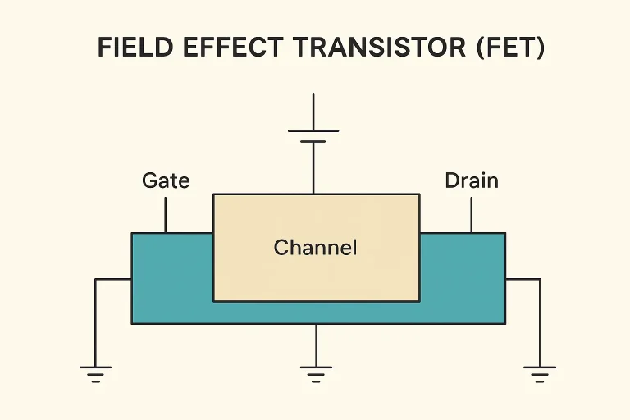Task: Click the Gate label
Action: [x=166, y=180]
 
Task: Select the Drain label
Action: [x=472, y=180]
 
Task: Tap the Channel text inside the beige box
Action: [x=316, y=247]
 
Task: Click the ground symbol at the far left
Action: [x=96, y=374]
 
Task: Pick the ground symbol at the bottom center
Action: [x=316, y=374]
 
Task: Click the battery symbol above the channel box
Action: [x=313, y=135]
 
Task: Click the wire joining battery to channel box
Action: [x=313, y=168]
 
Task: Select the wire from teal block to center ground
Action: [x=316, y=345]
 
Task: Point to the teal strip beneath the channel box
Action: [x=316, y=313]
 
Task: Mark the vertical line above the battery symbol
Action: [x=313, y=112]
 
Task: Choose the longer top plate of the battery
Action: [x=313, y=130]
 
